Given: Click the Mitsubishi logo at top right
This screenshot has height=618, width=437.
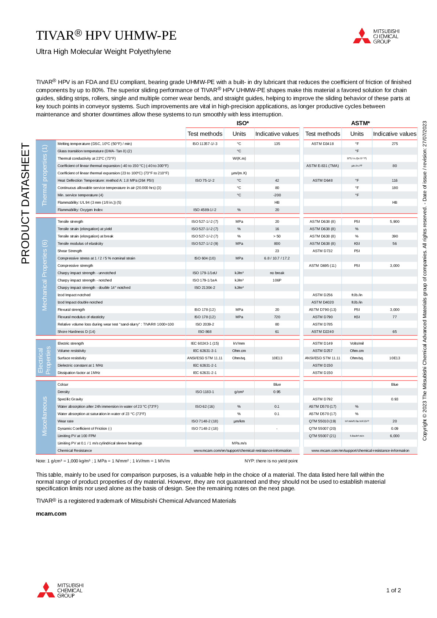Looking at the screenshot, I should [376, 36].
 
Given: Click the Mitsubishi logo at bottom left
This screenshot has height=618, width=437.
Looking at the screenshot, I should [61, 590].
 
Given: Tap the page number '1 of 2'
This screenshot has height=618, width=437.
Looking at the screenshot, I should [393, 590].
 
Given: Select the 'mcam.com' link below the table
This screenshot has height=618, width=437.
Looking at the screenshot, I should [51, 513].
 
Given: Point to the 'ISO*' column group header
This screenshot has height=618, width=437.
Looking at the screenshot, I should [243, 123].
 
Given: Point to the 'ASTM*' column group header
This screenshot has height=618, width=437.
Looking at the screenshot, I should [360, 123].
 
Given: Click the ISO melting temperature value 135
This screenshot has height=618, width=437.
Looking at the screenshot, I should [277, 144].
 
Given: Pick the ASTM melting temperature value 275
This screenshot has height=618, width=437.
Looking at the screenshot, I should [394, 144].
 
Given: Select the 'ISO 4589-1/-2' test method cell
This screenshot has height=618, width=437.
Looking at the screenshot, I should [205, 210].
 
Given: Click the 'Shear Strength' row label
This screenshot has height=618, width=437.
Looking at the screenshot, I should [70, 251].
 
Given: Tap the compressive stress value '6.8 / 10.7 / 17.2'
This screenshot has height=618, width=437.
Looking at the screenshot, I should [277, 258].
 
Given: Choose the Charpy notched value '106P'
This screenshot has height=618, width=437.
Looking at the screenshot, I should [277, 280].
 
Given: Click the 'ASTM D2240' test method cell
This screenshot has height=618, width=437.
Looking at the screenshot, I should [323, 332].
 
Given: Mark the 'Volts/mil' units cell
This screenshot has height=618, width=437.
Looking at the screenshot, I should [357, 343].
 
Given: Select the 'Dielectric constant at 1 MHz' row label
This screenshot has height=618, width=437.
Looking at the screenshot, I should [80, 366].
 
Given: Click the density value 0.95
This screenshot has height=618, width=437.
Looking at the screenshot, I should [277, 392].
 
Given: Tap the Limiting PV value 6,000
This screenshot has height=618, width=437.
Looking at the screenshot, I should [394, 436].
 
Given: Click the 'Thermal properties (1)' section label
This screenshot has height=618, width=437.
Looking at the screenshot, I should [45, 175].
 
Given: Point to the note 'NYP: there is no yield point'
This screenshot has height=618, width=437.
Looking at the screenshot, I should [271, 461].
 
